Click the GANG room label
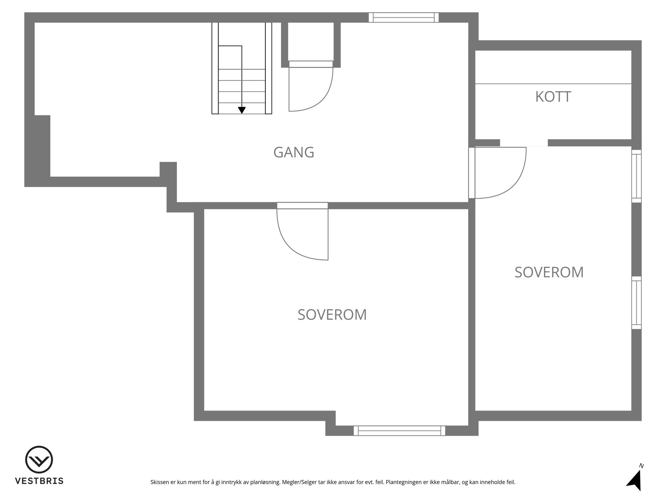click(294, 152)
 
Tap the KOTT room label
click(553, 97)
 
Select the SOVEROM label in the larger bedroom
click(332, 315)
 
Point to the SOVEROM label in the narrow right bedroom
click(549, 272)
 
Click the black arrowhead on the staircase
click(242, 110)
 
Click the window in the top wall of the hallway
click(403, 17)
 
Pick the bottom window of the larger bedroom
click(399, 431)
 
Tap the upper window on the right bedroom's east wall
click(637, 176)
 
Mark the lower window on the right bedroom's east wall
click(637, 303)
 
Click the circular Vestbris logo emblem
click(39, 460)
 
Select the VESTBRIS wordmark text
click(39, 481)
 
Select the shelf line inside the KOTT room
click(553, 84)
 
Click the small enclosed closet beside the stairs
click(311, 42)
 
